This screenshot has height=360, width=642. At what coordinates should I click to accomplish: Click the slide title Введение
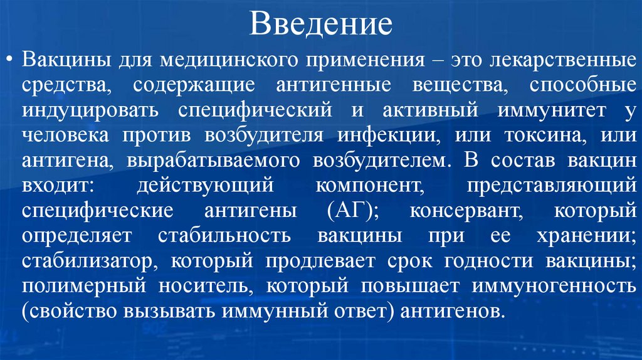pyautogui.click(x=320, y=24)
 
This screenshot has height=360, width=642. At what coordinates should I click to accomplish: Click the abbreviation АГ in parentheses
pyautogui.click(x=350, y=211)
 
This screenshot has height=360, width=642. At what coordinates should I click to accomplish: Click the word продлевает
pyautogui.click(x=312, y=260)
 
